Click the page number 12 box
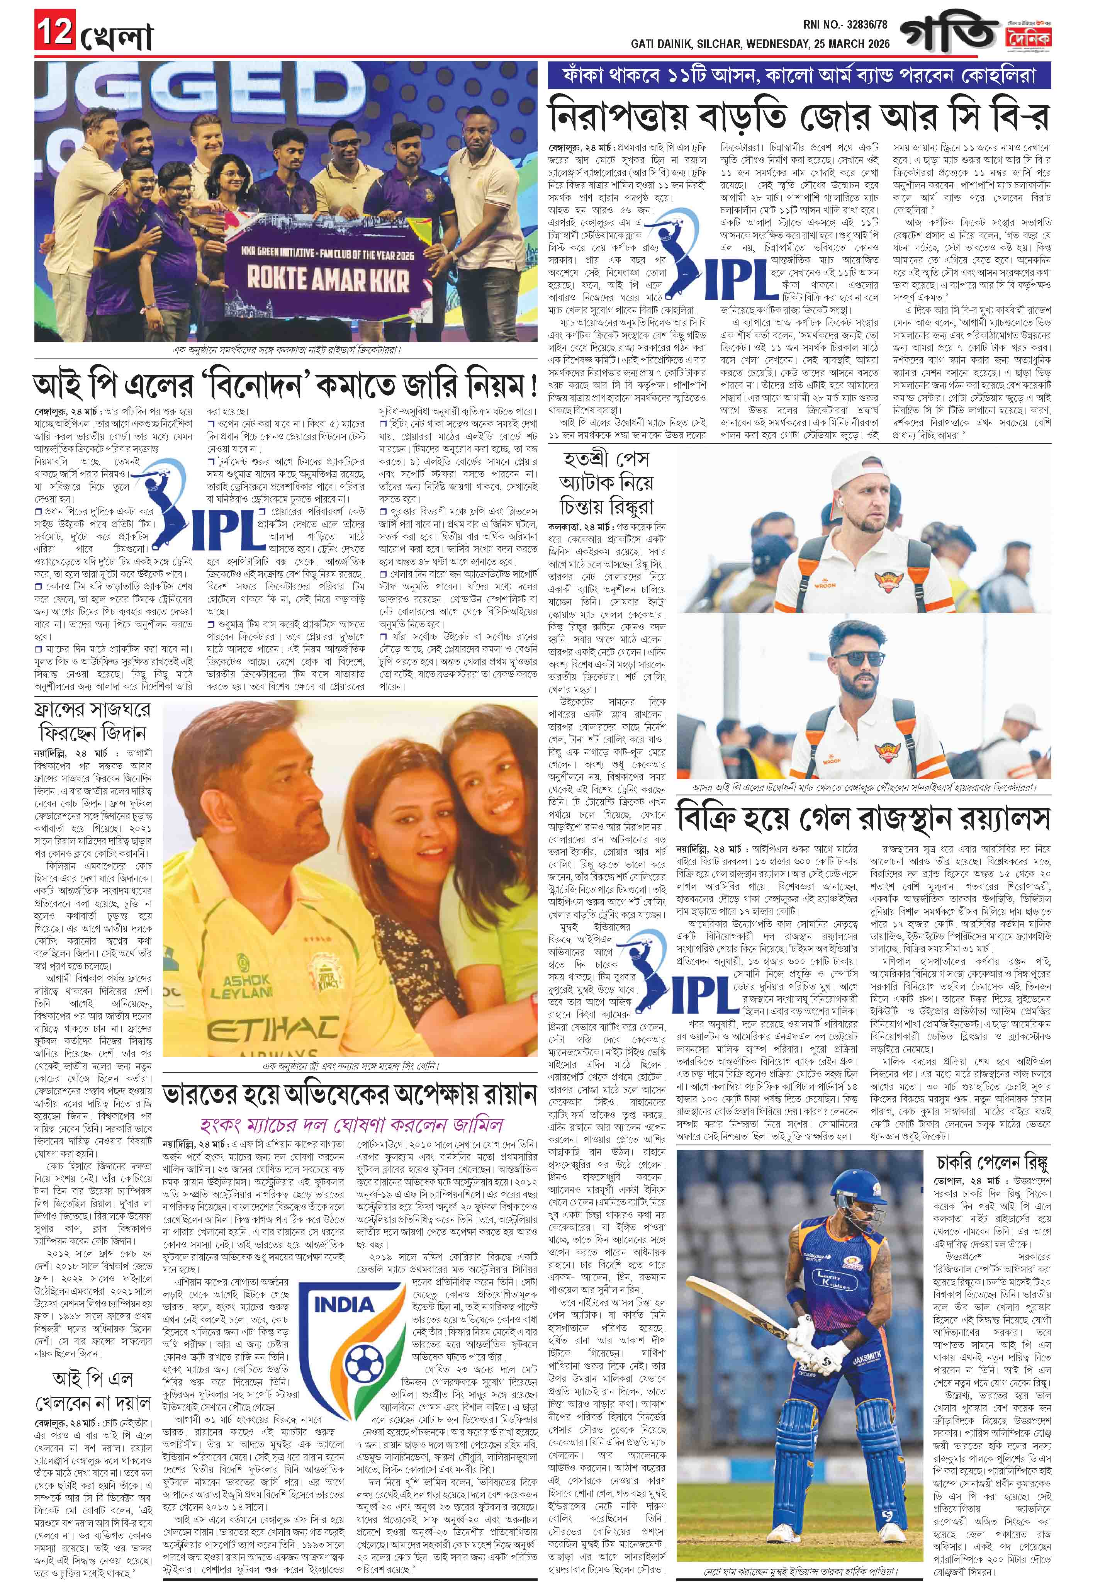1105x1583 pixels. (53, 33)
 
